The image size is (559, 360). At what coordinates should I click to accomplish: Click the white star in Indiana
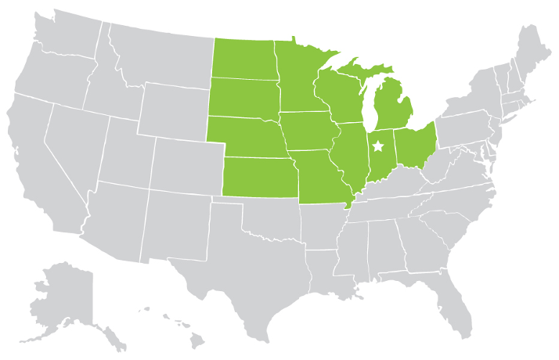(x=379, y=146)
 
